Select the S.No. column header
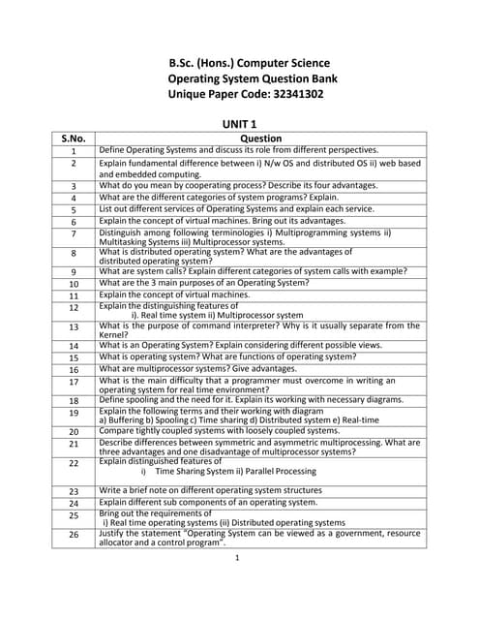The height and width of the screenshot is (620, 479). pyautogui.click(x=74, y=139)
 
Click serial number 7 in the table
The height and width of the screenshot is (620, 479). pyautogui.click(x=74, y=234)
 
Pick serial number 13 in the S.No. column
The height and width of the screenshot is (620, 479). pyautogui.click(x=74, y=327)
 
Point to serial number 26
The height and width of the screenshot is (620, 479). pyautogui.click(x=74, y=535)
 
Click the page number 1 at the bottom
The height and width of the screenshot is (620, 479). pyautogui.click(x=237, y=559)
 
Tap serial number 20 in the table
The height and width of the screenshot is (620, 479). pyautogui.click(x=74, y=432)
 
